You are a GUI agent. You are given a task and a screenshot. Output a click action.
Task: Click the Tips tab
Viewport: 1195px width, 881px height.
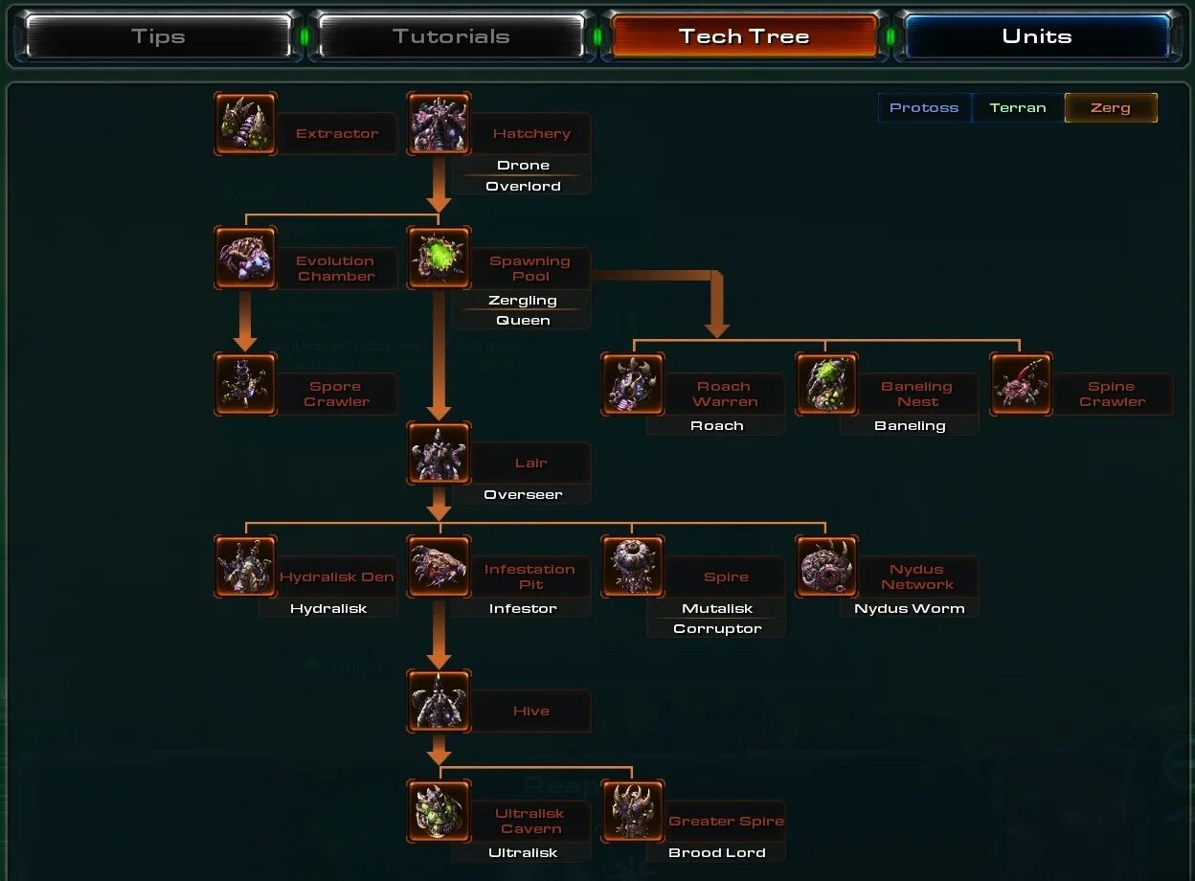point(158,37)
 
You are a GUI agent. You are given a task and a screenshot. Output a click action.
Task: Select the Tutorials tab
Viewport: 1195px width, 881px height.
point(451,37)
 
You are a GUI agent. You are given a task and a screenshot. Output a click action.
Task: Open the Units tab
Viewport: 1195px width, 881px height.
point(1036,37)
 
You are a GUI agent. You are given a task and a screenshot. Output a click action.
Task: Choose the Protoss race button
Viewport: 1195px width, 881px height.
point(924,108)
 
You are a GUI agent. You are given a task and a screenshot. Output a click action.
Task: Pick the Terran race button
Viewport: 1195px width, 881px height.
point(1018,108)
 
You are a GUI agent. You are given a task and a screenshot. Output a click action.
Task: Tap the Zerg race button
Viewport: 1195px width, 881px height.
point(1111,108)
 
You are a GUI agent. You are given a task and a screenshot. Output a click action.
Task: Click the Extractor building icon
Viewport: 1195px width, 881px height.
point(246,124)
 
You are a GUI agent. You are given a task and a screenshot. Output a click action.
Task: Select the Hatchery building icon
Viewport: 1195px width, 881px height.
point(439,124)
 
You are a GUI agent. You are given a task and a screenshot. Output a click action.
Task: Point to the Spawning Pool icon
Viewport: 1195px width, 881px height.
point(439,259)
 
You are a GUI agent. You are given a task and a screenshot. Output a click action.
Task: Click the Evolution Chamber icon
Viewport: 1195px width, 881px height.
point(246,259)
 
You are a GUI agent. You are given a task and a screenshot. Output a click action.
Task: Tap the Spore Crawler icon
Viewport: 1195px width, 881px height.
point(246,384)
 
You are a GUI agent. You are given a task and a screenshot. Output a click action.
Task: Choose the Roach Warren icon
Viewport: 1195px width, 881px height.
point(633,384)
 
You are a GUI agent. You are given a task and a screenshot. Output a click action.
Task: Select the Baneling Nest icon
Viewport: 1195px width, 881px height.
point(826,384)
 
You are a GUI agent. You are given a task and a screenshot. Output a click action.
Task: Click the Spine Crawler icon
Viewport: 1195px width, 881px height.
point(1021,384)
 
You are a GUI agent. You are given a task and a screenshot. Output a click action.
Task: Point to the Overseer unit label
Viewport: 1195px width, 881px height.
point(523,495)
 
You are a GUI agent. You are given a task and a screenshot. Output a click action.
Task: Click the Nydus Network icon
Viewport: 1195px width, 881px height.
point(826,567)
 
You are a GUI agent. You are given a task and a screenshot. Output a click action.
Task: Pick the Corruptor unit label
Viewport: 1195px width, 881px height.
point(717,629)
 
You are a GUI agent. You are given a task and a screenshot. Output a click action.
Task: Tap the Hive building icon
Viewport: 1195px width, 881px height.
point(439,701)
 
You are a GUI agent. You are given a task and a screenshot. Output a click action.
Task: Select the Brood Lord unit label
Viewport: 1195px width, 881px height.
point(717,853)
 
